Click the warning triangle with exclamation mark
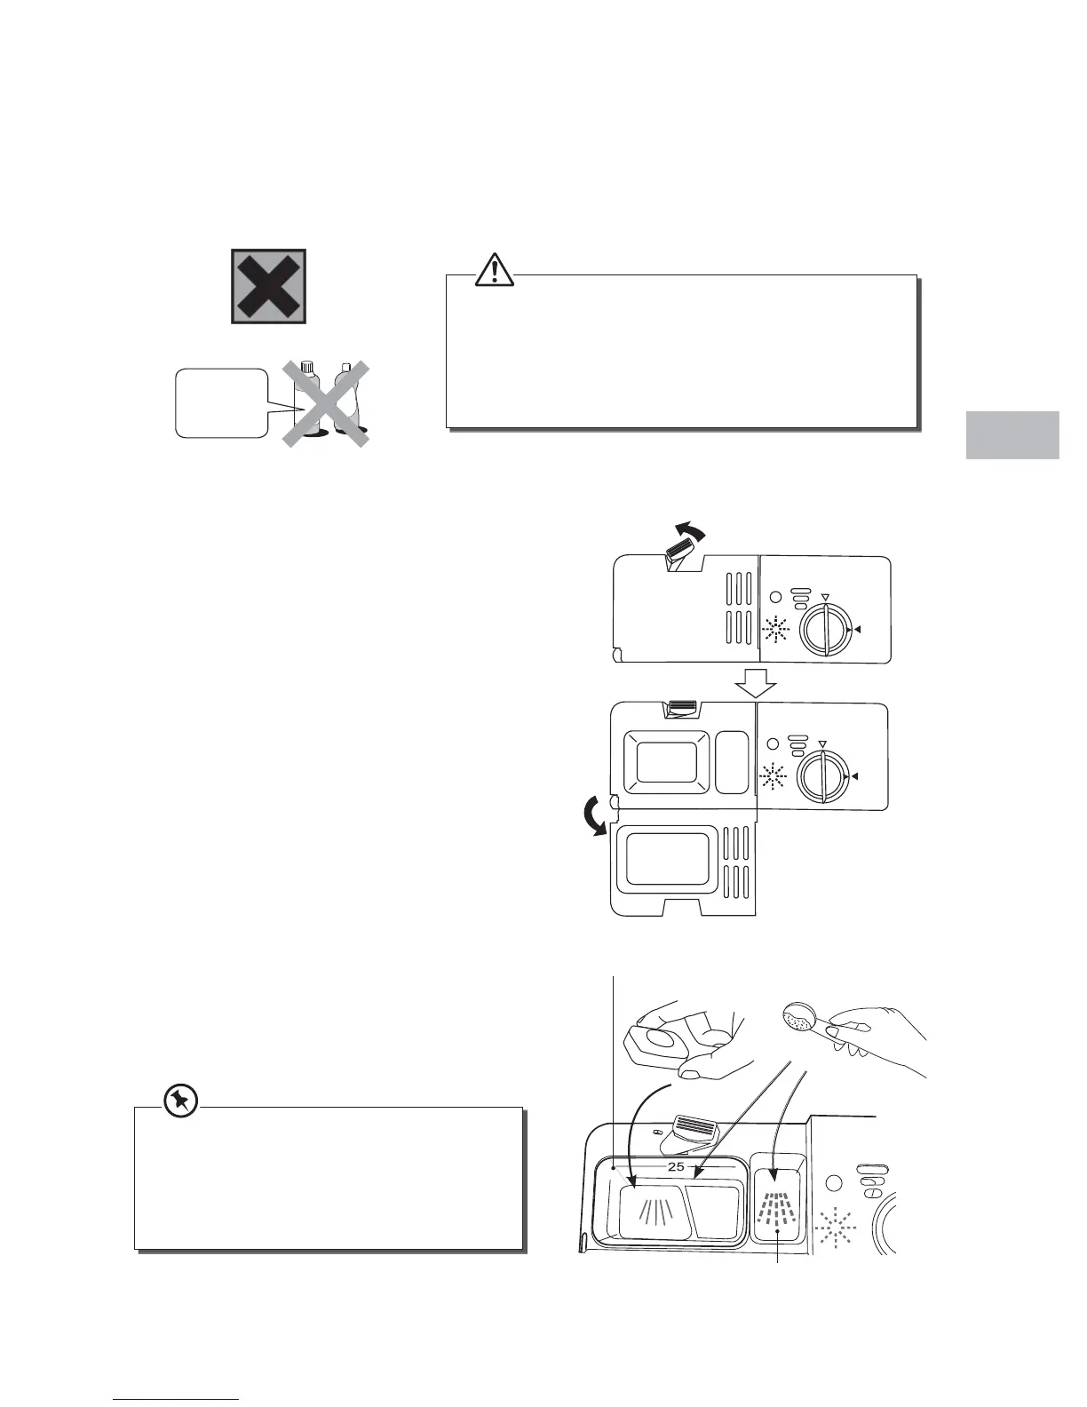494,269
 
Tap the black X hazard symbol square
269,286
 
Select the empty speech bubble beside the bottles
220,403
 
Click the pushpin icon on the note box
181,1102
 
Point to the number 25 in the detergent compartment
676,1166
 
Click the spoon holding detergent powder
805,1019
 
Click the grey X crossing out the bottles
325,403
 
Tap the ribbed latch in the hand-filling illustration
702,1130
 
